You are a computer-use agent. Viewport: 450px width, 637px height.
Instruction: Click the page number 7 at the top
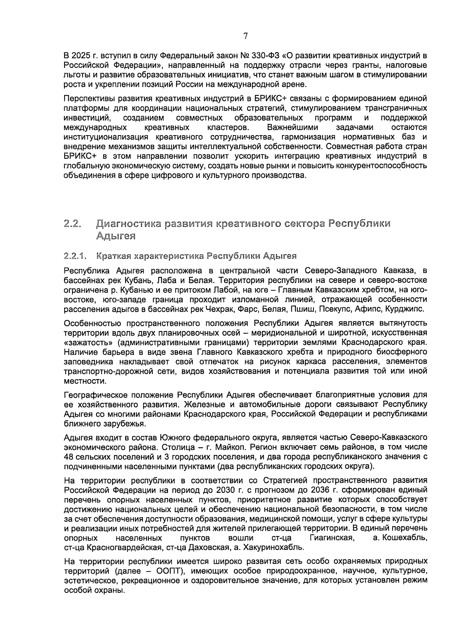click(245, 36)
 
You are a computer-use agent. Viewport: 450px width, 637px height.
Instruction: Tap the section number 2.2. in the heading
click(73, 224)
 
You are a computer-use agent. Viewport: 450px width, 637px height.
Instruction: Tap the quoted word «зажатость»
click(89, 342)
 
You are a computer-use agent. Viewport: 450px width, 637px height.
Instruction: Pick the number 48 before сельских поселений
click(69, 457)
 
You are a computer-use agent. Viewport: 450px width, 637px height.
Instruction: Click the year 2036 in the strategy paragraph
click(322, 490)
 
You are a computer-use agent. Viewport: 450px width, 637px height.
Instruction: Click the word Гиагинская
click(332, 538)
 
